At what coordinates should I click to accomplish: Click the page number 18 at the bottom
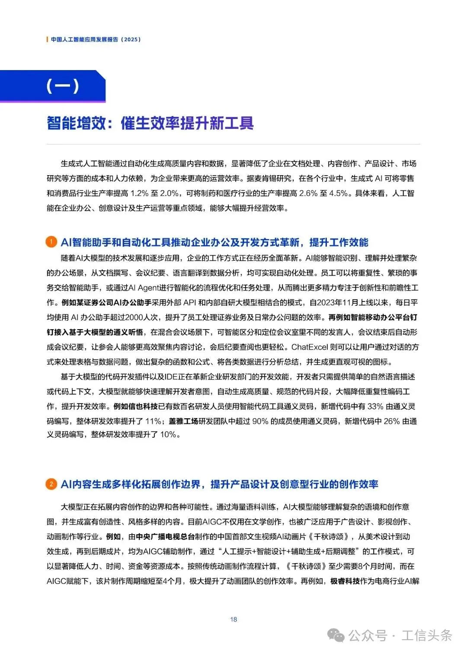[233, 619]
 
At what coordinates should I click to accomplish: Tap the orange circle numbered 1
[51, 242]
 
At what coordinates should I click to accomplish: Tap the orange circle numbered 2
[51, 484]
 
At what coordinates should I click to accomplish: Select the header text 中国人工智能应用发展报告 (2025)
[96, 39]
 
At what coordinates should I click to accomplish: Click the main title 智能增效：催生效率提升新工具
[150, 123]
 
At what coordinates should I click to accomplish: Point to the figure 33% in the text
[375, 406]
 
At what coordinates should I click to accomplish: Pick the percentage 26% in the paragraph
[391, 421]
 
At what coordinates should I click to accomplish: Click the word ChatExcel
[310, 347]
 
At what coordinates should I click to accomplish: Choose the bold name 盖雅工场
[183, 421]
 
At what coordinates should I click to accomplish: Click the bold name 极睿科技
[345, 581]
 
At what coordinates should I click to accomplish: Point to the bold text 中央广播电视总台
[165, 536]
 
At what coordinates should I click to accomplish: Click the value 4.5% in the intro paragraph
[338, 193]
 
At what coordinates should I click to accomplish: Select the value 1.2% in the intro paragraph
[139, 193]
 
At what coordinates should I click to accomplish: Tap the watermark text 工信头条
[427, 635]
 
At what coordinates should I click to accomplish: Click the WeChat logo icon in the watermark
[336, 635]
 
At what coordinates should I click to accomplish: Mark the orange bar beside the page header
[47, 39]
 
